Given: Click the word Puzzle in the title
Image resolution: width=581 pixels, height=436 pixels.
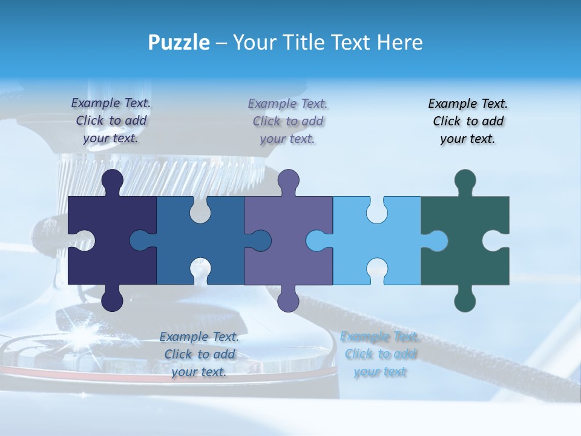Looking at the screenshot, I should (x=179, y=42).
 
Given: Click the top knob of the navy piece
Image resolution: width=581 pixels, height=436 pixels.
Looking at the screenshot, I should (x=112, y=180).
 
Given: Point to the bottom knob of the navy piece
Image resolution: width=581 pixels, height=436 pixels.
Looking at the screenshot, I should (x=112, y=299).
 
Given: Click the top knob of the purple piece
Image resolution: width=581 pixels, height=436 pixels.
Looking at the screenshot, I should (x=289, y=180).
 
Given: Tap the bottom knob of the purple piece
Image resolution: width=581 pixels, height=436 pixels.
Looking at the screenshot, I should (x=289, y=299).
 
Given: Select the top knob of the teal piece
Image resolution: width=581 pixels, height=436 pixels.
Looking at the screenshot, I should (x=465, y=180).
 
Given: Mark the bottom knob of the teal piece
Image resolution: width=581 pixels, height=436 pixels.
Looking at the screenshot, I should (x=465, y=299).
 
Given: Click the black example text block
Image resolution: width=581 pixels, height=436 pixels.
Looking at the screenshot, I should (x=468, y=121).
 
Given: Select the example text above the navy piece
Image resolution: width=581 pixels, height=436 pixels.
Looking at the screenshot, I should (x=111, y=121).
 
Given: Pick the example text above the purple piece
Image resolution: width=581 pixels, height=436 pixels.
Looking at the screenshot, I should (x=288, y=121).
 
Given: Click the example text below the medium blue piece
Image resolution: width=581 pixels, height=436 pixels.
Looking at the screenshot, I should (x=199, y=354).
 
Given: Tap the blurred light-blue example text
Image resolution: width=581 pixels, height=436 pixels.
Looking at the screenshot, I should (x=380, y=354).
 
